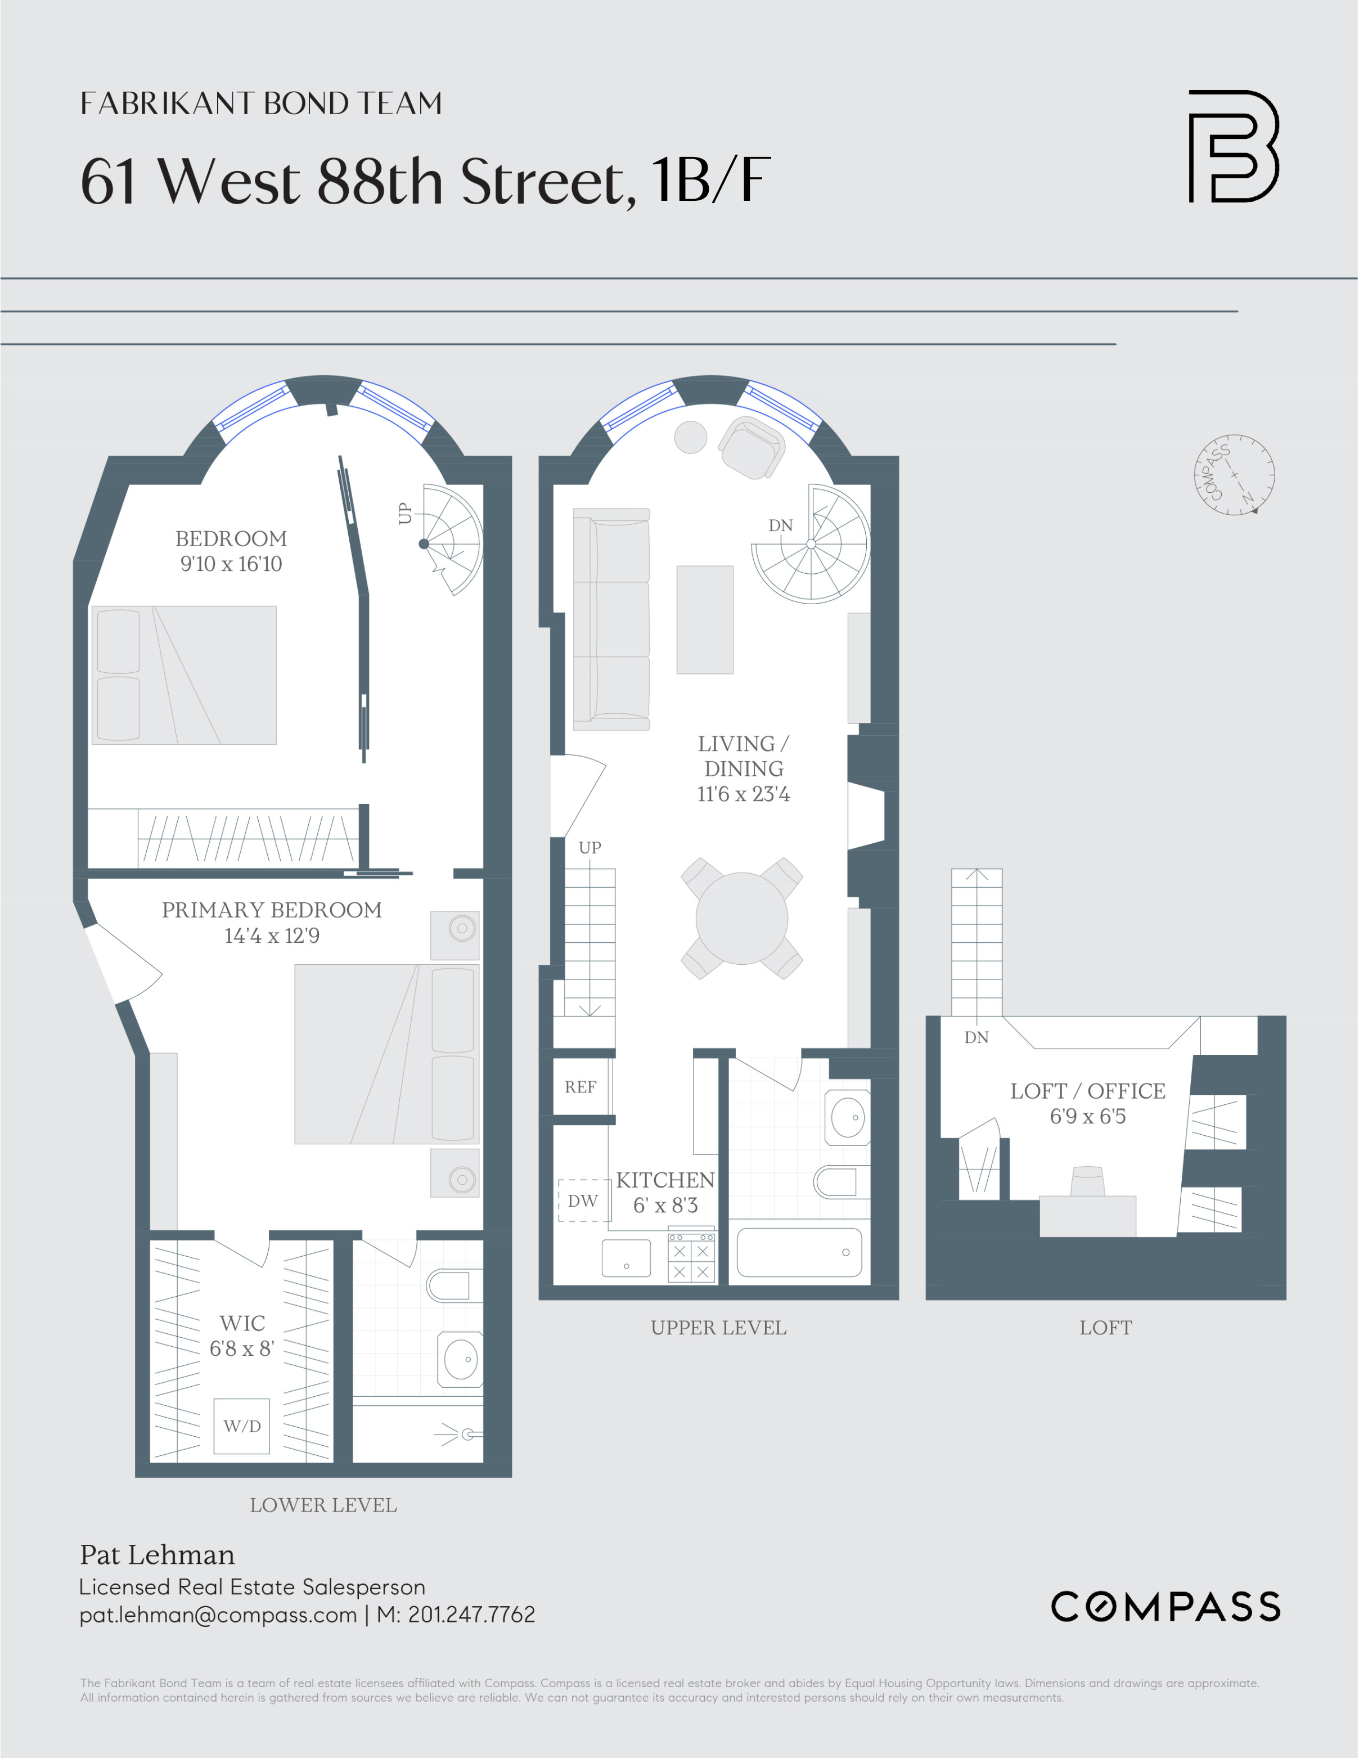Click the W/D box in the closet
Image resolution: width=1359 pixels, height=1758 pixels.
pyautogui.click(x=241, y=1426)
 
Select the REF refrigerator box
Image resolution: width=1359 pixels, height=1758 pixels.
pyautogui.click(x=580, y=1087)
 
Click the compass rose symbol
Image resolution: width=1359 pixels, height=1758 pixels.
pyautogui.click(x=1234, y=475)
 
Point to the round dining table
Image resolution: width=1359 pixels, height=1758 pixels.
pyautogui.click(x=741, y=919)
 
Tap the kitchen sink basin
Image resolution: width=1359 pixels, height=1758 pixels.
pyautogui.click(x=625, y=1257)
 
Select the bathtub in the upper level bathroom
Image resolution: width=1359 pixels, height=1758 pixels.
pyautogui.click(x=799, y=1252)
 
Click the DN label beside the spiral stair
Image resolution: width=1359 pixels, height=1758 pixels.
pyautogui.click(x=780, y=525)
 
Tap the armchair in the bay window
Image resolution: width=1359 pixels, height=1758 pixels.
pyautogui.click(x=751, y=448)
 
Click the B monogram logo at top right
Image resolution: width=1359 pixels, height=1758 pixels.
pyautogui.click(x=1234, y=146)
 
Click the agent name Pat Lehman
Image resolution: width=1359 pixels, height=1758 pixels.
pyautogui.click(x=157, y=1554)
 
